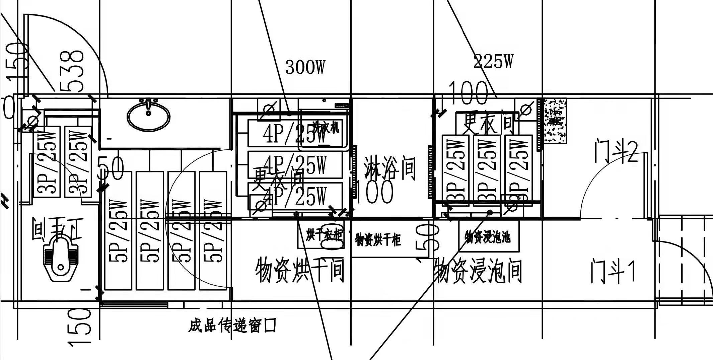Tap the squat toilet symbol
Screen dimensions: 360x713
60,258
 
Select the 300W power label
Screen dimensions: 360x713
305,67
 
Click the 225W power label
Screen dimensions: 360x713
493,62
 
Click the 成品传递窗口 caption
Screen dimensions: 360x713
232,325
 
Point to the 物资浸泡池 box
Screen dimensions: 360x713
488,237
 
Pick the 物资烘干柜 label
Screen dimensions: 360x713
378,239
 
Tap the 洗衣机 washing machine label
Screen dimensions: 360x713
326,128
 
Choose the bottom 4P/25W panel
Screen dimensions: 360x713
295,196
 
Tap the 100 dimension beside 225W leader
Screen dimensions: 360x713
468,93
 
